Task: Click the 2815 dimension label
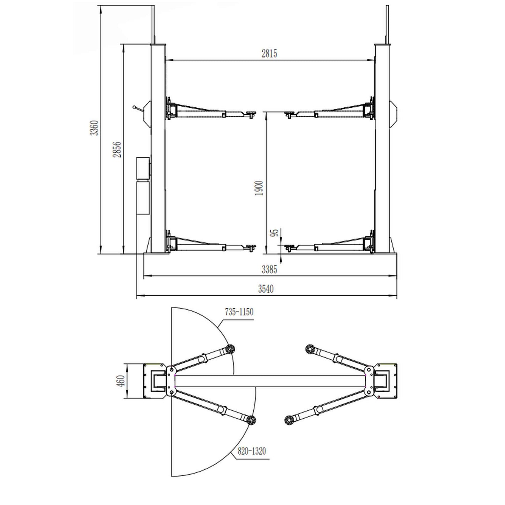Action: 269,53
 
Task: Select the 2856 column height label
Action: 117,149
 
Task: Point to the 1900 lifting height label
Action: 259,188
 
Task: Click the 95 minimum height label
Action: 275,233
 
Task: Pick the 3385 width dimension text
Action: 269,269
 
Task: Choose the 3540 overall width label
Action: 266,289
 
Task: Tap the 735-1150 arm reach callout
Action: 239,312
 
